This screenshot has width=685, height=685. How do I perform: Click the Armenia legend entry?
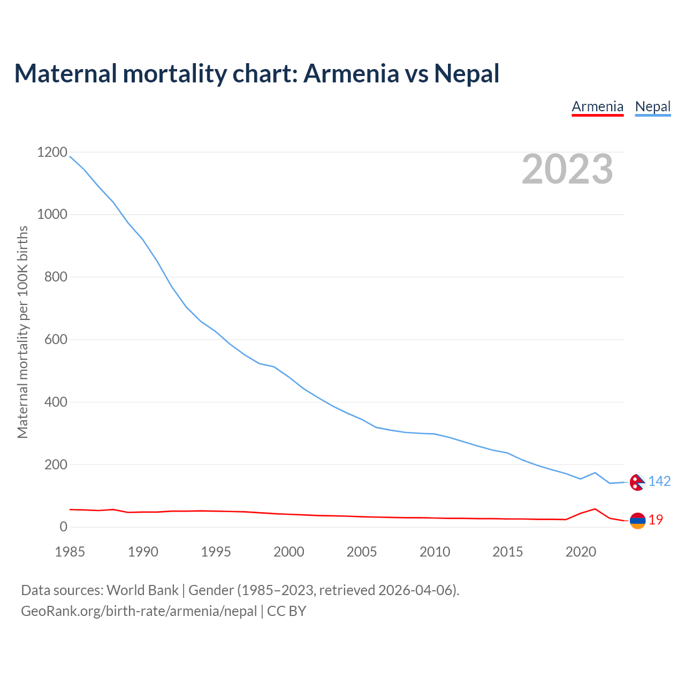coord(597,107)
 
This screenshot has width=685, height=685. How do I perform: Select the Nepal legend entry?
coord(652,107)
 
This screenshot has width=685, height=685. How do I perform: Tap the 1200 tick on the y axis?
coord(52,153)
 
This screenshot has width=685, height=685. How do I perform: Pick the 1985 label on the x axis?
coord(70,552)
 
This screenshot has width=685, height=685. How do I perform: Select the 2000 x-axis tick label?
coord(288,552)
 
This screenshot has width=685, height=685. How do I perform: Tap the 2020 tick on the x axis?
coord(581,552)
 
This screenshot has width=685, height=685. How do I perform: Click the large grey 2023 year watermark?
coord(567,169)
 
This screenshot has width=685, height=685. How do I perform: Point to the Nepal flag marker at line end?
coord(637,482)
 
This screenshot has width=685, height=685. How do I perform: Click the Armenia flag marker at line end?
coord(637,521)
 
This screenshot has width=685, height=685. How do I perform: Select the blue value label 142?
coord(659,482)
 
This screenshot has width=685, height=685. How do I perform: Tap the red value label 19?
coord(656,520)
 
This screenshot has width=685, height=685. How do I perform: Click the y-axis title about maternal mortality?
coord(22,332)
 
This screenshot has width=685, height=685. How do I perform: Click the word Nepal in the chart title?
coord(467,73)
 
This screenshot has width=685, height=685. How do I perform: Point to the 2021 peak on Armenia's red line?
coord(595,509)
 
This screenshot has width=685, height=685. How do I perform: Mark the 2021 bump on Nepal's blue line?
coord(595,473)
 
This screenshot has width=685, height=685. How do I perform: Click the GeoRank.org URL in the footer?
coord(139,611)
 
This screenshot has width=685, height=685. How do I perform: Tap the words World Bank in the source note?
coord(142,590)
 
